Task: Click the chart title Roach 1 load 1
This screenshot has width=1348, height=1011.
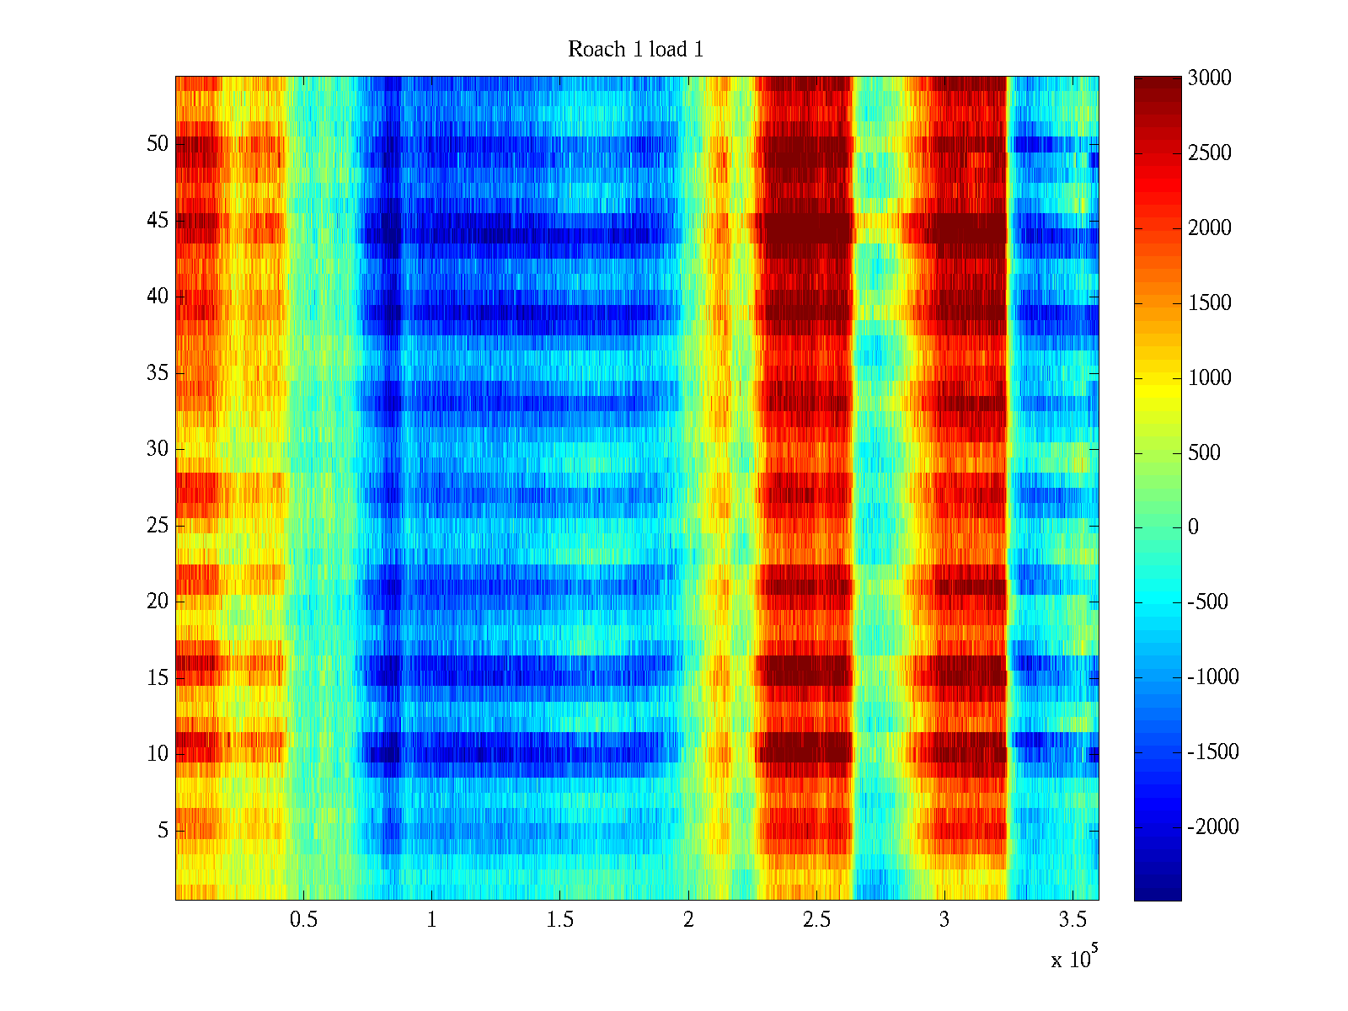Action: point(635,50)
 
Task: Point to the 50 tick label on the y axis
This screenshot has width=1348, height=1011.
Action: point(158,143)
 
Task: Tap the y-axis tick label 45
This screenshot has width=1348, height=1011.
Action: point(158,220)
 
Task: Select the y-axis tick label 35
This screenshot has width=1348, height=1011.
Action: point(158,372)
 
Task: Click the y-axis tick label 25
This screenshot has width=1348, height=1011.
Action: point(158,525)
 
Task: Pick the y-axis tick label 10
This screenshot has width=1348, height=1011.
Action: point(158,753)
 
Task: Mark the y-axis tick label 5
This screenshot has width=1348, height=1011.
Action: point(163,830)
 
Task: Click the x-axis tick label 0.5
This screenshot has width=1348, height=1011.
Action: point(303,920)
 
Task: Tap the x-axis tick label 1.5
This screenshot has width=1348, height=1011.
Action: point(559,920)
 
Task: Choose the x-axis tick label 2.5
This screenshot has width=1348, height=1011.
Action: point(816,920)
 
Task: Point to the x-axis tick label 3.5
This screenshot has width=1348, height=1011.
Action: point(1073,920)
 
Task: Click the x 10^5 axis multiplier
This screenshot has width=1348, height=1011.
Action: point(1074,958)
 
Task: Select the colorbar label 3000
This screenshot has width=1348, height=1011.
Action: point(1210,78)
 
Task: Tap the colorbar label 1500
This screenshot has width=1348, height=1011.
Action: point(1210,302)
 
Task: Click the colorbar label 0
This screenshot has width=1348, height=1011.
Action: point(1193,527)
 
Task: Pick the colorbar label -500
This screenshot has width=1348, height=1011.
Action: point(1208,602)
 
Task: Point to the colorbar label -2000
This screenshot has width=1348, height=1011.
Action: point(1213,826)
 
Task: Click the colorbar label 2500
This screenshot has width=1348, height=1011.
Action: point(1210,153)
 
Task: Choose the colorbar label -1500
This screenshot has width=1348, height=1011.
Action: point(1213,752)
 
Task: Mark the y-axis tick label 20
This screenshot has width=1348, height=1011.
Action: point(158,601)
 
